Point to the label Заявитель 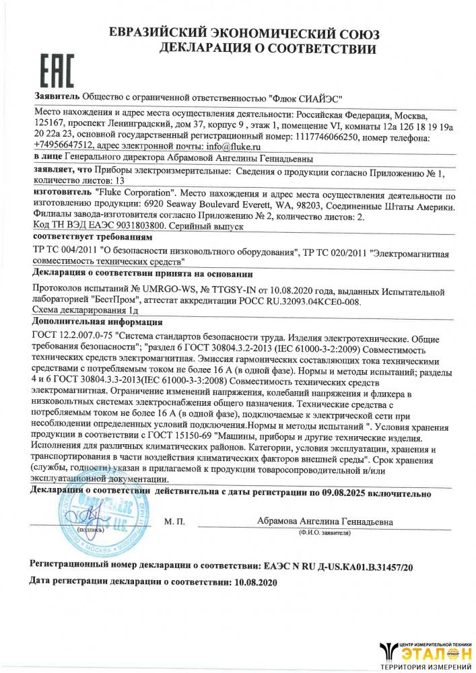56,97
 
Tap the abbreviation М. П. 174,522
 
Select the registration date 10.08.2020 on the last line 254,580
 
